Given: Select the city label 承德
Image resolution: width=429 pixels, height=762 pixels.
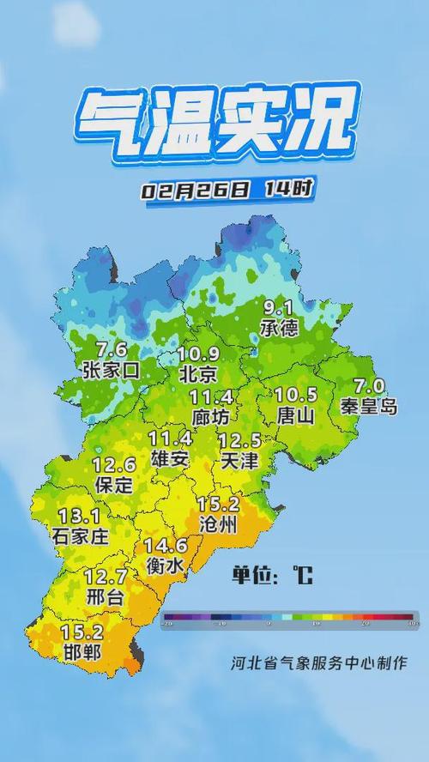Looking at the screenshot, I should pos(281,328).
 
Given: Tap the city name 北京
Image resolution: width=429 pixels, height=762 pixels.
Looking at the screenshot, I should pos(198,374).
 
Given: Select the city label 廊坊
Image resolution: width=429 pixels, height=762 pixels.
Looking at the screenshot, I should pos(211,417).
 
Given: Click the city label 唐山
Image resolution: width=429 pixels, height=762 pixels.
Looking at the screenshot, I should pos(296,415).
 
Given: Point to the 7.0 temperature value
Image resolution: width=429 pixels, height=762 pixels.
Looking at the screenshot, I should pos(374,386).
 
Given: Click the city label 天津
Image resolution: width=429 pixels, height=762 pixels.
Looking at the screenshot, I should pos(239,461).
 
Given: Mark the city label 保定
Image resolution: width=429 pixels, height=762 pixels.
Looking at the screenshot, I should pos(113,485).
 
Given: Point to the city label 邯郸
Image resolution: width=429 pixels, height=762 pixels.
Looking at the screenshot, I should pos(82,652).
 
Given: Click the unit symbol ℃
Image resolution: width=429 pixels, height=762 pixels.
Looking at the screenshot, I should pos(302,575).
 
